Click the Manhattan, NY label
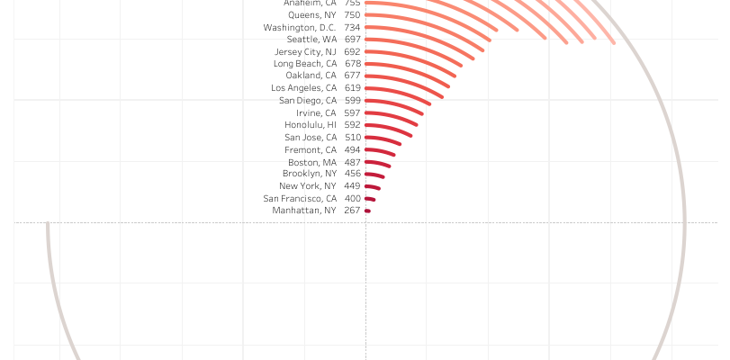pos(304,211)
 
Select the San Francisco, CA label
pos(300,198)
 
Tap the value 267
pos(352,211)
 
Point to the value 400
pos(352,198)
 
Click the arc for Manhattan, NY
pos(367,211)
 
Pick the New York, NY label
pos(307,185)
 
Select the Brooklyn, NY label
pos(309,173)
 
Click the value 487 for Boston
pos(352,162)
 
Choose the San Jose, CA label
pos(310,137)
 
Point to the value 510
pos(352,137)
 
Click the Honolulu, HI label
pos(310,124)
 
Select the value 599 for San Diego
pos(352,100)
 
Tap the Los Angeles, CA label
pos(303,88)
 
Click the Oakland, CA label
pos(311,76)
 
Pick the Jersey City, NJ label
pos(304,51)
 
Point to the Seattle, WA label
pos(311,40)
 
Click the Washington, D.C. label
pos(300,27)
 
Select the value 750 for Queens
pos(352,15)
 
